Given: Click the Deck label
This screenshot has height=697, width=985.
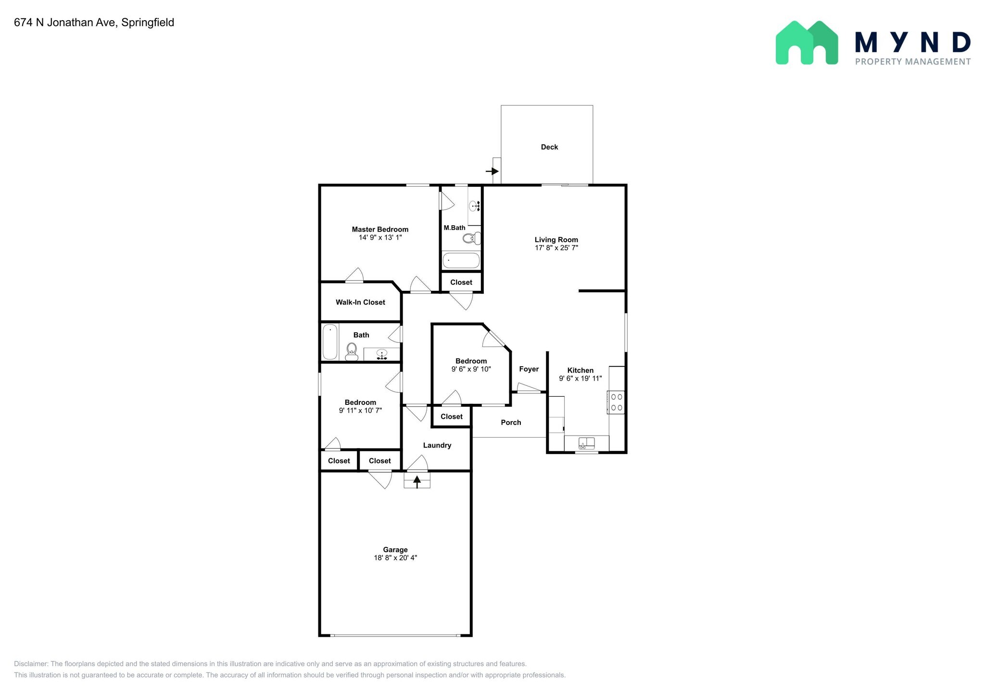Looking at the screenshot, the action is tap(549, 147).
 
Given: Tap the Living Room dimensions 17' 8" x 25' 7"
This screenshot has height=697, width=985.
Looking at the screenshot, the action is tap(556, 248).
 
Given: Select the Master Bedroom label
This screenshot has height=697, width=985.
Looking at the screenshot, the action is tap(380, 230).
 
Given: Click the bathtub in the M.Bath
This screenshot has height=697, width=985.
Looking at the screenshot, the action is tap(461, 260).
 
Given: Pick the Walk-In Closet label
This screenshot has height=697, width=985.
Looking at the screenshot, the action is tap(360, 302).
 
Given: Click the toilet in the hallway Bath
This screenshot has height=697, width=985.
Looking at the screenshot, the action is tap(352, 352).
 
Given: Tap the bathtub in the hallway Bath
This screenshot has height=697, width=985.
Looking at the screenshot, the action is tap(330, 342).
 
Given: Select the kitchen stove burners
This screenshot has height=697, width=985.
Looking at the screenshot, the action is tap(617, 402).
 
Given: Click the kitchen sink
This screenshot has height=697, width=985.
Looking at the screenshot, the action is tap(587, 443).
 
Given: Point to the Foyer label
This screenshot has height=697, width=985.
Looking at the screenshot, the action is tap(529, 369).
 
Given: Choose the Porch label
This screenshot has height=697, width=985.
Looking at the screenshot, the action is tap(511, 423).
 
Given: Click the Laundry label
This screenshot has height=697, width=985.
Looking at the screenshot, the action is tap(437, 446).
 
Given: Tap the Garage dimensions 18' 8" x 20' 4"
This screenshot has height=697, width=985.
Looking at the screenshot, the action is tap(395, 558).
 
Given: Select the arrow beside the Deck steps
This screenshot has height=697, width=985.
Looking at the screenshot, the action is tap(492, 171).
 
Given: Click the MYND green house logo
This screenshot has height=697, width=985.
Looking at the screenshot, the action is tap(807, 42).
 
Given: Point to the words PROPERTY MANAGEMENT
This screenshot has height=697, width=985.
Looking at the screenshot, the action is tap(913, 62).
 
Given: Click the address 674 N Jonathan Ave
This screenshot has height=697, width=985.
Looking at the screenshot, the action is tap(65, 23).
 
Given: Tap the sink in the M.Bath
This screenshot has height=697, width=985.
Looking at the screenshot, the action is tap(475, 207).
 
